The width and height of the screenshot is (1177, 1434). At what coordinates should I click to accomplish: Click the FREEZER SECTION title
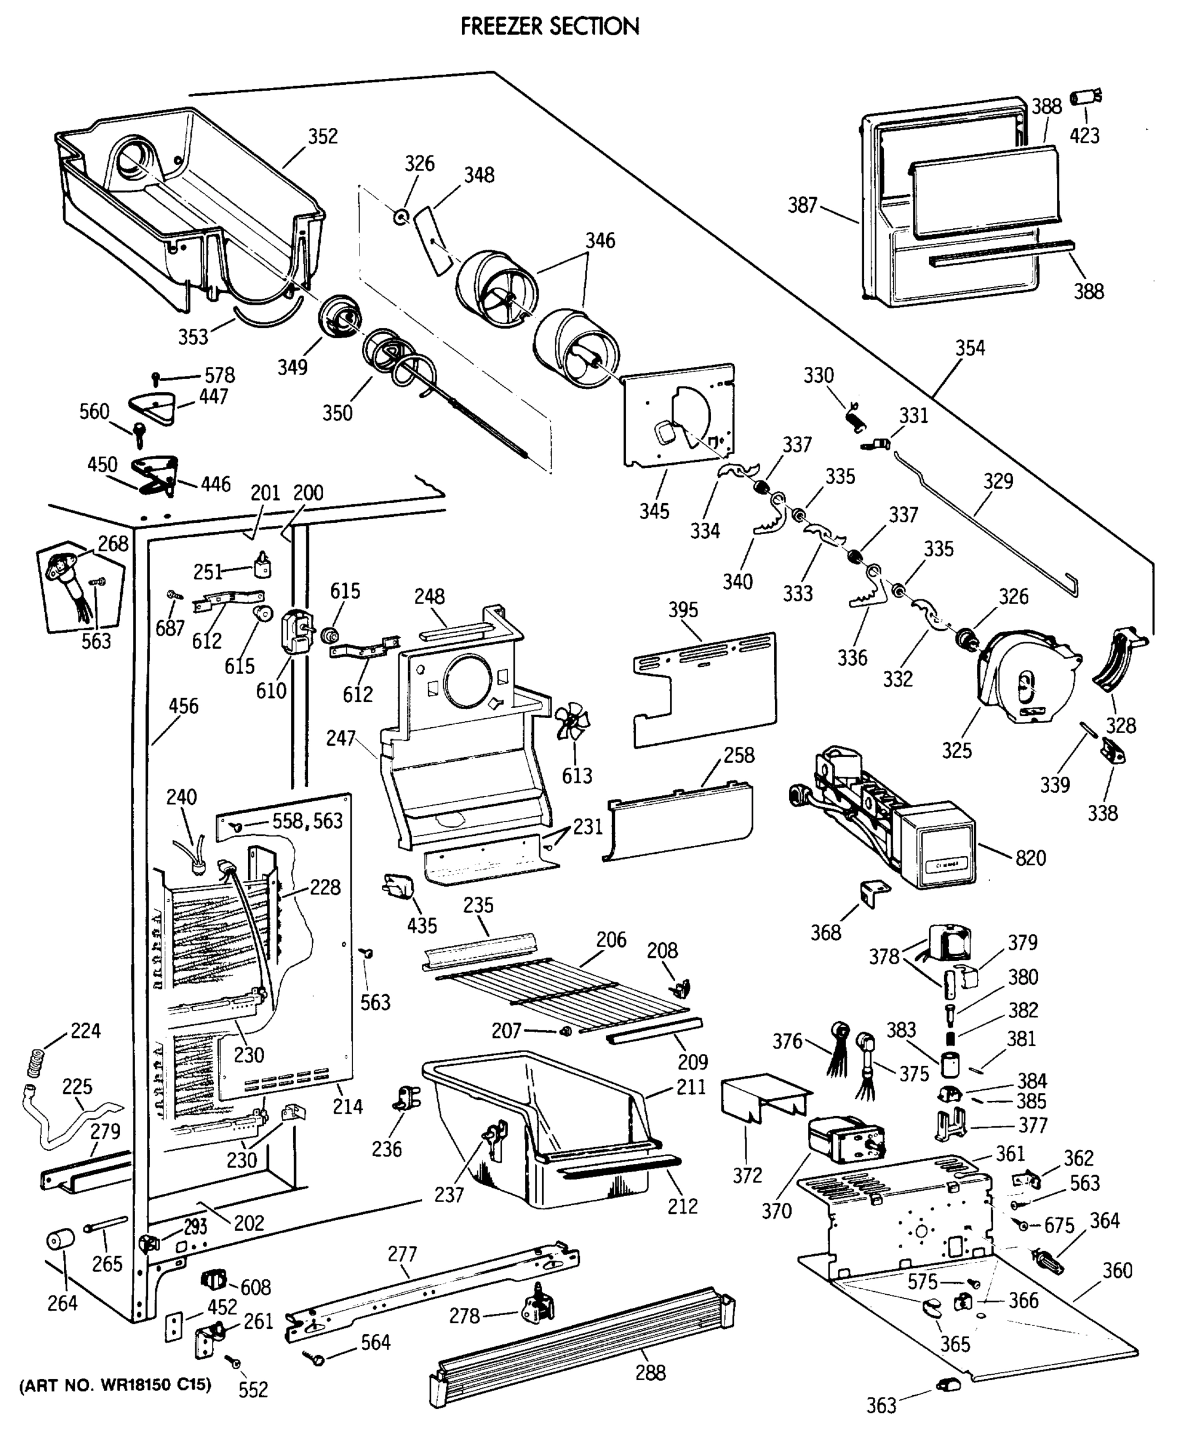tap(550, 26)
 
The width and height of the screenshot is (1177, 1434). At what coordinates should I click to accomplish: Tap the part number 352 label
tap(322, 136)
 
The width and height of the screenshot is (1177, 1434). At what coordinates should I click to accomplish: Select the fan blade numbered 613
tap(573, 721)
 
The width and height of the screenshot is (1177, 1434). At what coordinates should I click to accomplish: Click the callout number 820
tap(1031, 857)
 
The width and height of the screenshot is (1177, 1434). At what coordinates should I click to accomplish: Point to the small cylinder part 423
tap(1086, 97)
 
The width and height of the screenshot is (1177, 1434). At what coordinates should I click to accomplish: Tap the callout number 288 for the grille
tap(650, 1372)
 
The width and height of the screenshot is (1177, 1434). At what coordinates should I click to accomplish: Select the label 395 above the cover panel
tap(683, 610)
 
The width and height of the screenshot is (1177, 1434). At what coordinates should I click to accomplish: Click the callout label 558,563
tap(308, 821)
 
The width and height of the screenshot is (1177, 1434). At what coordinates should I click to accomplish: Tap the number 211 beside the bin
tap(691, 1087)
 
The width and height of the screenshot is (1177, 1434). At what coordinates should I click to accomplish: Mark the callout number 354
tap(970, 348)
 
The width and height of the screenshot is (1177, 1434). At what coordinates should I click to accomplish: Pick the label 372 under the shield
tap(747, 1175)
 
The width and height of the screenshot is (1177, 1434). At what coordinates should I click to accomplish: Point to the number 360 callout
tap(1117, 1270)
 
